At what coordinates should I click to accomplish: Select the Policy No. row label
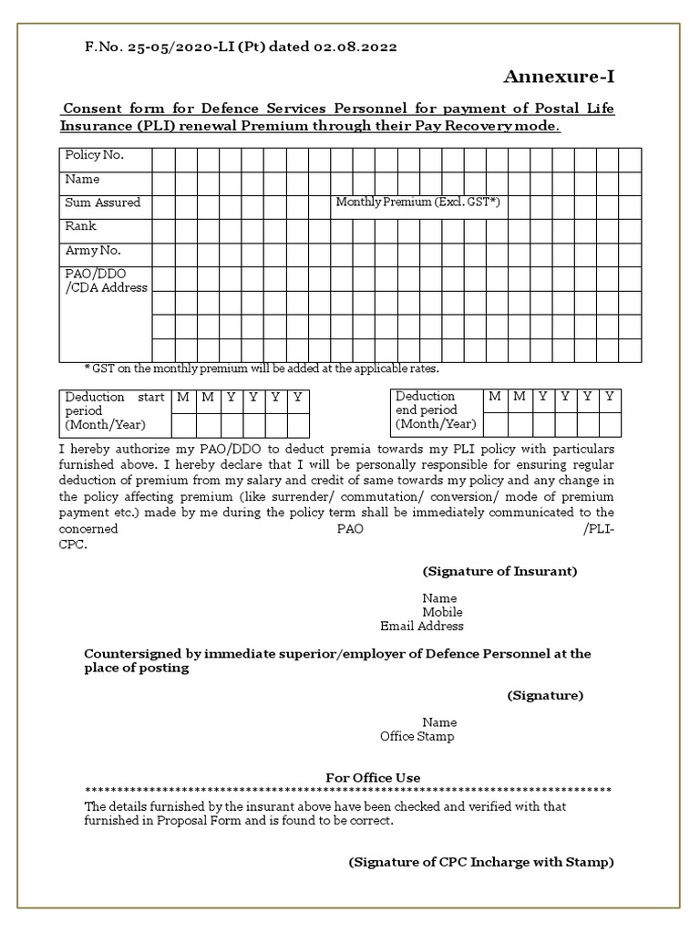point(94,155)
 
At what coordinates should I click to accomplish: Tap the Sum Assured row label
point(102,202)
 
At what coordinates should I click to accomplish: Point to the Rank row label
point(80,226)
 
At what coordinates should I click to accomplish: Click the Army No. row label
point(92,250)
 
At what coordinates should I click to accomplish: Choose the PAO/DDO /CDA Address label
point(105,281)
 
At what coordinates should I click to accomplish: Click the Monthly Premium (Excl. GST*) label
point(417,202)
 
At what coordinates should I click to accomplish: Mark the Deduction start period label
point(114,410)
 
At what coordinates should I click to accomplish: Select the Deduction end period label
point(436,410)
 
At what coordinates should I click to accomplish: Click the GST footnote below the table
point(262,368)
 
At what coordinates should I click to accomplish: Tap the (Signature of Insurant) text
point(499,571)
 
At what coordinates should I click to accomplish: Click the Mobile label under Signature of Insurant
point(442,612)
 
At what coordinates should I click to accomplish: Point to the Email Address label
point(421,626)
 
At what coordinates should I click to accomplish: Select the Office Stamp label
point(417,736)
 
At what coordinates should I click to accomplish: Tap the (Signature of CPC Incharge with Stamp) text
point(481,861)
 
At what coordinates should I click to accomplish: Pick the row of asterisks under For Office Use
point(347,791)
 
